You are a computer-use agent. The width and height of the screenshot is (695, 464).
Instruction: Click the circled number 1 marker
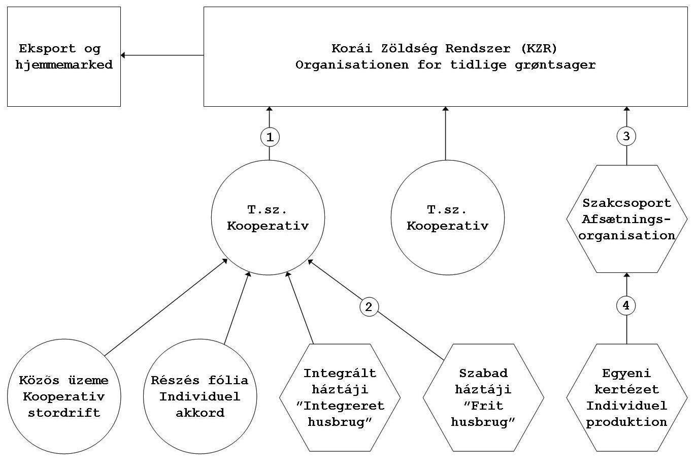point(270,137)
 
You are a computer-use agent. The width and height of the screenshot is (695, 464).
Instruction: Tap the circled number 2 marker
point(369,306)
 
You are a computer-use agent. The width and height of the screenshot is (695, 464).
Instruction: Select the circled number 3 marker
point(626,136)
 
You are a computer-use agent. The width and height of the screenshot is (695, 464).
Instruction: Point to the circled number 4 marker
point(626,305)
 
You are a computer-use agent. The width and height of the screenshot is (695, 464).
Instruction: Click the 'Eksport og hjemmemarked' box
point(63,56)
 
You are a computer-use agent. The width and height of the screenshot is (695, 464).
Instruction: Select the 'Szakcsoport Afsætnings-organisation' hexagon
point(626,220)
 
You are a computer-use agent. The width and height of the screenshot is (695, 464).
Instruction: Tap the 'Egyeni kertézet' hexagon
point(626,398)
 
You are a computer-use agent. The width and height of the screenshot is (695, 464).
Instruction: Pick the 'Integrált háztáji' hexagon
point(340,398)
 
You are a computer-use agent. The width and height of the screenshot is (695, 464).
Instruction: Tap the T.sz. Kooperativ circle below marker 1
point(268,218)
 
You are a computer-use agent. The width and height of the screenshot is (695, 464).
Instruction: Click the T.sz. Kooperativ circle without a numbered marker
point(447,218)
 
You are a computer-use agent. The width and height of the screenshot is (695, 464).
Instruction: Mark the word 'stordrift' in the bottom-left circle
point(63,413)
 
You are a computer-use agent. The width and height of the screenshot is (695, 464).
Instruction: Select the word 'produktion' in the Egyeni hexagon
point(626,422)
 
